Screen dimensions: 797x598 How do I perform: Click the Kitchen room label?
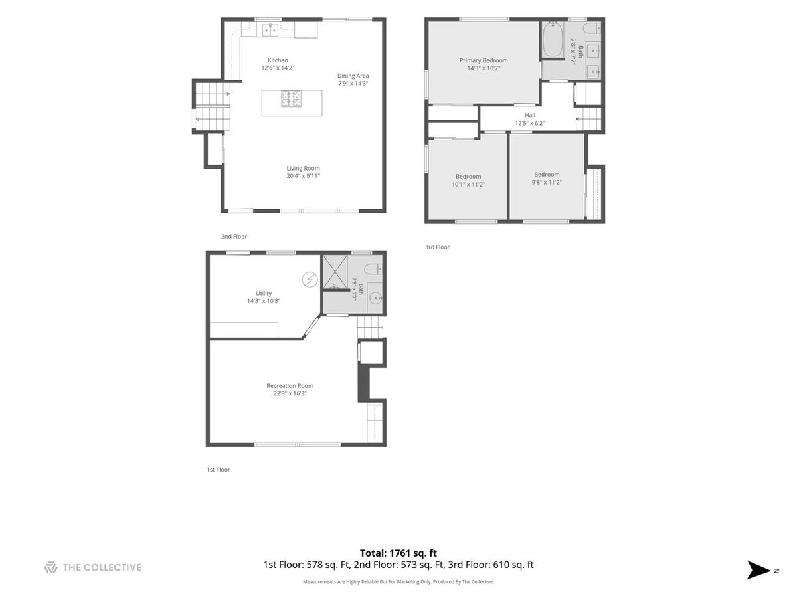(278, 60)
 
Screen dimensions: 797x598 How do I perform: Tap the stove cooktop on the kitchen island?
(291, 98)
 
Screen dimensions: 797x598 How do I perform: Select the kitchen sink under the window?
(270, 29)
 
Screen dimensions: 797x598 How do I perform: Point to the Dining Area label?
(353, 76)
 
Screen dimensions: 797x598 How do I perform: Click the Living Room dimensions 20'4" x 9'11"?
(303, 176)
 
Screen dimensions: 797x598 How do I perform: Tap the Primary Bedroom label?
(484, 60)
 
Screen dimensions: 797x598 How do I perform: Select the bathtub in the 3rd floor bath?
(553, 39)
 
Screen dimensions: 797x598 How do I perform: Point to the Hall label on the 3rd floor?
(529, 115)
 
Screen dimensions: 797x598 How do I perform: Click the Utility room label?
(263, 293)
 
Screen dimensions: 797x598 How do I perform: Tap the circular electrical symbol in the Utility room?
(310, 280)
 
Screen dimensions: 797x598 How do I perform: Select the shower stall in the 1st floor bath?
(335, 272)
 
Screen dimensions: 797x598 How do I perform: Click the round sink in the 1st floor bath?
(375, 298)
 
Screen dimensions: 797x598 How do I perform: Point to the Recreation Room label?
(290, 385)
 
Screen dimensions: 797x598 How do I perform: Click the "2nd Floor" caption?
(234, 236)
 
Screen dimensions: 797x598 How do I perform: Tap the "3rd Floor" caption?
(437, 247)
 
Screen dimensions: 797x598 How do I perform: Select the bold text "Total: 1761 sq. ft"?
(398, 553)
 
